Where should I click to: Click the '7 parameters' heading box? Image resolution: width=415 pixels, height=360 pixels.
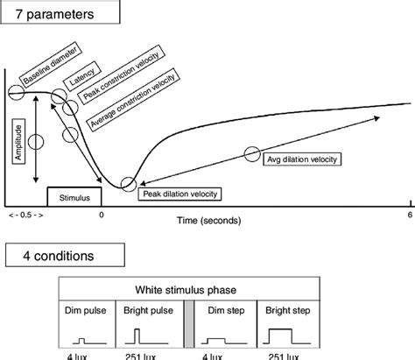point(59,14)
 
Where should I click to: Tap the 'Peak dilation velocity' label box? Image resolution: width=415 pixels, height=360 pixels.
point(181,193)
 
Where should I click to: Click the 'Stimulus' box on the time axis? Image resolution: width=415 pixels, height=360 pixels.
point(74,199)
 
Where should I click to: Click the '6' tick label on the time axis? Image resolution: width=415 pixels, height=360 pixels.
point(408,215)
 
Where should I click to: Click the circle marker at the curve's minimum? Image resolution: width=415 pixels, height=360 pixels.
point(129,183)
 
